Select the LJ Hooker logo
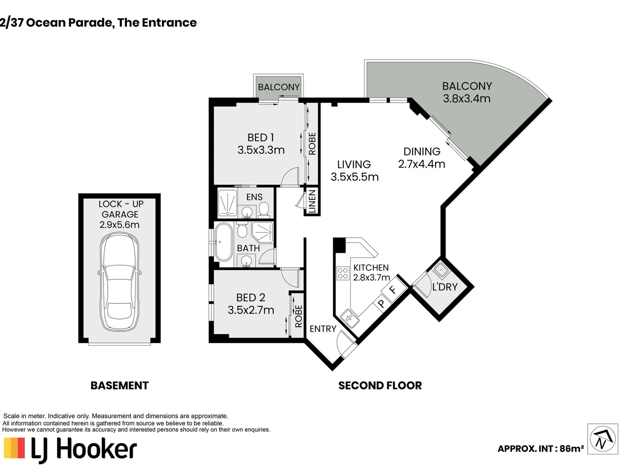[70, 451]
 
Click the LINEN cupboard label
[312, 201]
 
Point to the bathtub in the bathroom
[223, 242]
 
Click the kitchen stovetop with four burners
[343, 273]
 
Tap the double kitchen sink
[350, 318]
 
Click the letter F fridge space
[393, 290]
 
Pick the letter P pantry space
[381, 303]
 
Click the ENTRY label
[323, 329]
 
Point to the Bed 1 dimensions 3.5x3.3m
[261, 150]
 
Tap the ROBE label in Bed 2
[298, 316]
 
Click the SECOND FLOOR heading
[380, 386]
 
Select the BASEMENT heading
[120, 386]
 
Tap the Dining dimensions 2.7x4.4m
[422, 164]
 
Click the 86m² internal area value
[571, 449]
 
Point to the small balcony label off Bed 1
[279, 87]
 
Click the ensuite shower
[228, 203]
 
